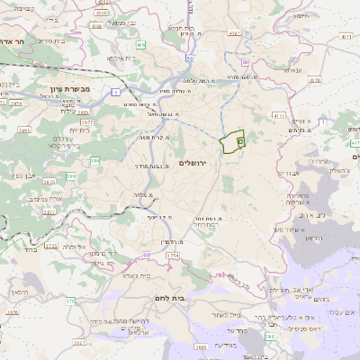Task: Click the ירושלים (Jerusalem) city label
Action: point(193,162)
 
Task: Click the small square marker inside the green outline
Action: point(239,141)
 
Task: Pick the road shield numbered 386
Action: point(94,160)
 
